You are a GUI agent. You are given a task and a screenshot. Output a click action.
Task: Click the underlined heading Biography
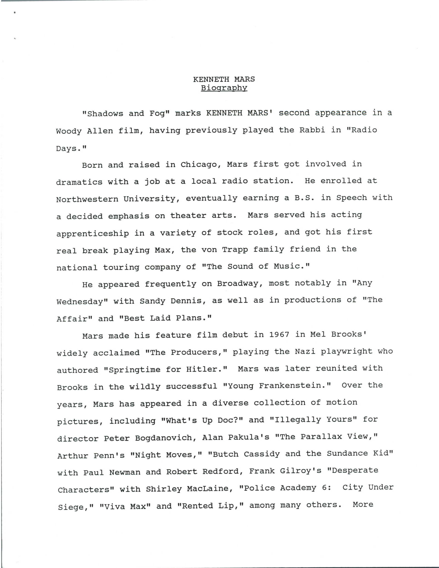[224, 88]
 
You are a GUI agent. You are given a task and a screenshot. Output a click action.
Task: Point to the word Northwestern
[87, 199]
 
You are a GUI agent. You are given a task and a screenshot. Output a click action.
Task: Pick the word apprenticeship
[93, 233]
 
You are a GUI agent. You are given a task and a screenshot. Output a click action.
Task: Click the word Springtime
[134, 370]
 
